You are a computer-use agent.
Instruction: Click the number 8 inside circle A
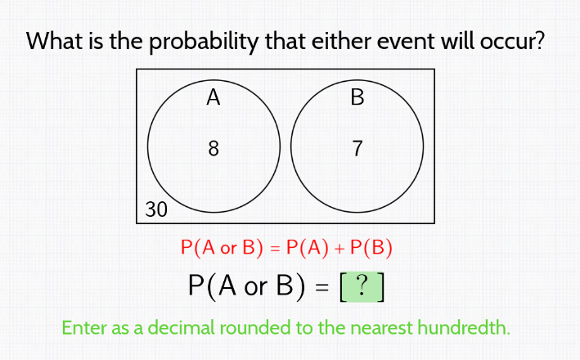[x=214, y=149]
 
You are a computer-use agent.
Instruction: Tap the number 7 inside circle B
[x=357, y=149]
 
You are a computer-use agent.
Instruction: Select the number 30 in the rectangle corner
[x=156, y=209]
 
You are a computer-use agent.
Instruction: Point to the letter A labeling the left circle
[x=214, y=99]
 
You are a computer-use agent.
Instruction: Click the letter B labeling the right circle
[x=357, y=99]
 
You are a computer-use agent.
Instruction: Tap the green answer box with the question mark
[x=361, y=286]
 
